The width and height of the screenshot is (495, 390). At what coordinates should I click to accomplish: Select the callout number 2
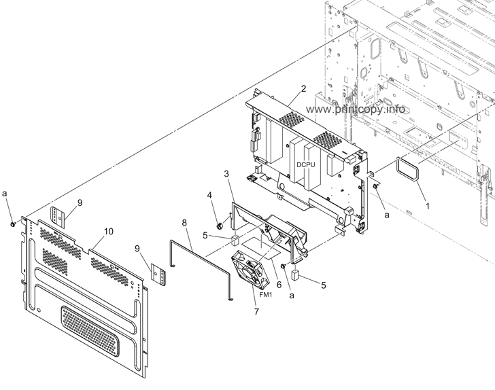[x=303, y=88]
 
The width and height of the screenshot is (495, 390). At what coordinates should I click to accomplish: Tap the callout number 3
[x=226, y=175]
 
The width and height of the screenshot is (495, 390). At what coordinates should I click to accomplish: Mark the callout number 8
[x=185, y=222]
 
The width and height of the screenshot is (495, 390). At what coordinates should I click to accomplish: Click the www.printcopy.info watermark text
[x=356, y=109]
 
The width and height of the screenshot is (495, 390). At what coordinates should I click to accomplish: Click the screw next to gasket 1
[x=376, y=185]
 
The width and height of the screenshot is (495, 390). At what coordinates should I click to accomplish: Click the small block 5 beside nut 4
[x=235, y=239]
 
